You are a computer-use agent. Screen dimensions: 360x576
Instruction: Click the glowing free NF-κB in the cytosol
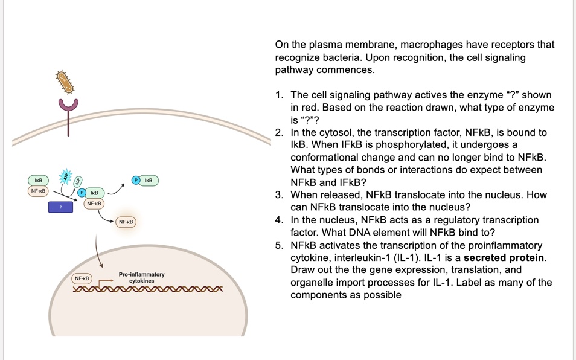coord(126,222)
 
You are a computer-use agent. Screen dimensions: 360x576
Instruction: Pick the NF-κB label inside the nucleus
coord(82,278)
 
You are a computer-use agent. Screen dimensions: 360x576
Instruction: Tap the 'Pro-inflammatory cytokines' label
coord(141,278)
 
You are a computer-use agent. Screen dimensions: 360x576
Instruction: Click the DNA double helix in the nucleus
coord(148,290)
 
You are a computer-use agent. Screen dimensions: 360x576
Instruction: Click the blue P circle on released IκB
coord(136,180)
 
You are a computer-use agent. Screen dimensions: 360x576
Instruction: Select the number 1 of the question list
coord(278,95)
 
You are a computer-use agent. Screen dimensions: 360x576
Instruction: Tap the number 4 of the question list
coord(278,220)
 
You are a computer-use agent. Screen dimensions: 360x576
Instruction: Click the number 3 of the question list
coord(278,195)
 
